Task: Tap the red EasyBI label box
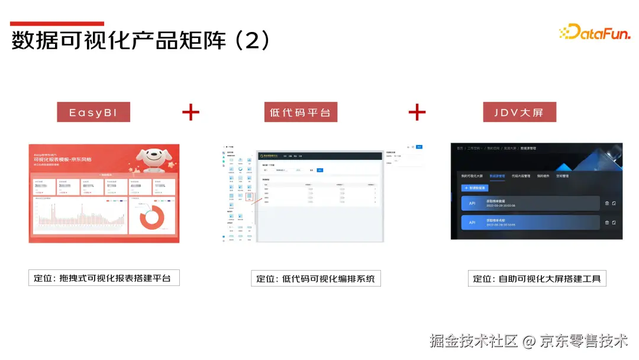pyautogui.click(x=93, y=112)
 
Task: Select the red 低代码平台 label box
pyautogui.click(x=301, y=112)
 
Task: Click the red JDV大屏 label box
pyautogui.click(x=518, y=112)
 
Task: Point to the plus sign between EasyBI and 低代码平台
pyautogui.click(x=191, y=112)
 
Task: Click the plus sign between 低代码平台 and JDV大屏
pyautogui.click(x=417, y=112)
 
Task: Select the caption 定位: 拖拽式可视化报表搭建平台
pyautogui.click(x=104, y=278)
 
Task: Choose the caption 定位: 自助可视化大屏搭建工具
pyautogui.click(x=537, y=278)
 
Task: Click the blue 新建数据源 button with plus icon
pyautogui.click(x=475, y=188)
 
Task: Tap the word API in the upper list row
pyautogui.click(x=472, y=204)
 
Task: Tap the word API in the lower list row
pyautogui.click(x=472, y=223)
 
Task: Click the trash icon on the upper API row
pyautogui.click(x=606, y=204)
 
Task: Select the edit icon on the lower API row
pyautogui.click(x=614, y=223)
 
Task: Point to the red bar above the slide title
pyautogui.click(x=57, y=24)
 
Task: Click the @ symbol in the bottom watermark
pyautogui.click(x=530, y=341)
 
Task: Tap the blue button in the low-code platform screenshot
pyautogui.click(x=419, y=146)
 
